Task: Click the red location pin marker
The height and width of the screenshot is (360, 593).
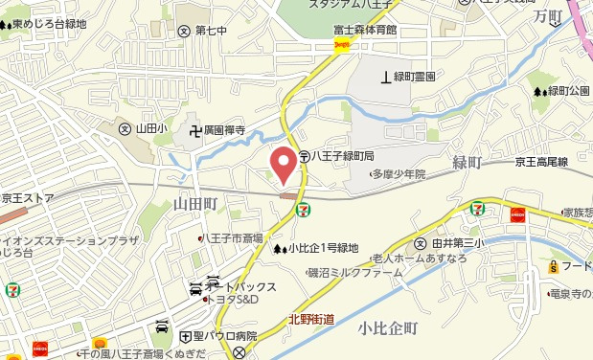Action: coord(282,164)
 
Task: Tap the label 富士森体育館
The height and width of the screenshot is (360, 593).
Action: coord(364,30)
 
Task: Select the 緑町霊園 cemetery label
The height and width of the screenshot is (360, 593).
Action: coord(415,76)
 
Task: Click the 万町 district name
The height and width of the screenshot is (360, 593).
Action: coord(547,16)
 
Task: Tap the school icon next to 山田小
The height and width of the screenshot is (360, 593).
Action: coord(124,128)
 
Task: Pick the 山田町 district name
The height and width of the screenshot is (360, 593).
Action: coord(197,203)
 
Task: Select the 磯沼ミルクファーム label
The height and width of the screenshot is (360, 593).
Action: coord(354,273)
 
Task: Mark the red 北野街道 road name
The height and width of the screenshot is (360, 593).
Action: coord(310,320)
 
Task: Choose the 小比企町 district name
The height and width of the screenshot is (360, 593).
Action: coord(388,328)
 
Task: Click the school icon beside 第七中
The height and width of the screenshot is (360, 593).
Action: coord(184,30)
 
